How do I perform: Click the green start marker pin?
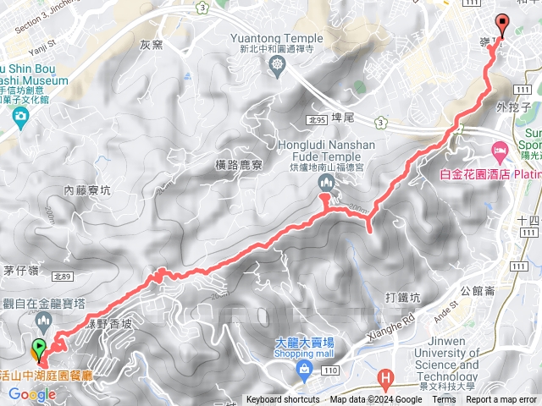tap(38, 347)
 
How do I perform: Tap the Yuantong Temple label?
tap(277, 38)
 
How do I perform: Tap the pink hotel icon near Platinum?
tap(498, 150)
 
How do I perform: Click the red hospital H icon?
tap(386, 376)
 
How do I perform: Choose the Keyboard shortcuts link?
tap(283, 400)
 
